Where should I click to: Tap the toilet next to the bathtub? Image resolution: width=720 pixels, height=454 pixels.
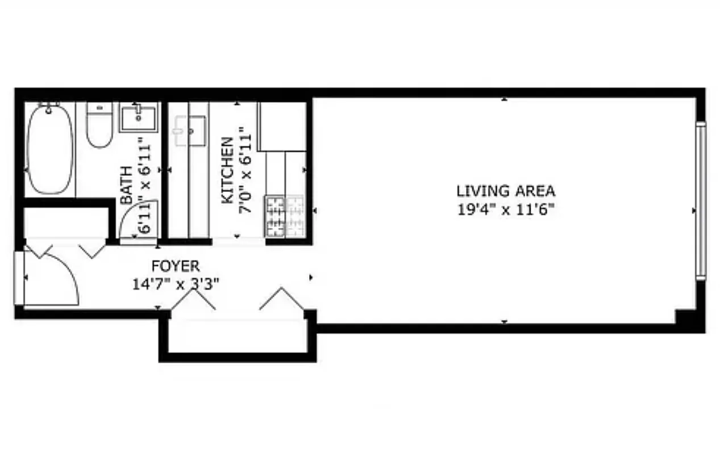click(x=99, y=125)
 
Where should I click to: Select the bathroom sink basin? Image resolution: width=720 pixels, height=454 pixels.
click(x=139, y=117)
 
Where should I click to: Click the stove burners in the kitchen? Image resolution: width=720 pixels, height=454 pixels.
click(x=275, y=216)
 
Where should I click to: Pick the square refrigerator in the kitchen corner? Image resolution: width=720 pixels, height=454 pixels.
click(x=282, y=126)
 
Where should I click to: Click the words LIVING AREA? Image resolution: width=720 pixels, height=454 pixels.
click(x=506, y=191)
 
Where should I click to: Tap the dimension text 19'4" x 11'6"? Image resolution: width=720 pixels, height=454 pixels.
click(x=506, y=209)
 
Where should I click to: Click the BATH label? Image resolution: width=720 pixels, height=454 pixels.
click(x=126, y=184)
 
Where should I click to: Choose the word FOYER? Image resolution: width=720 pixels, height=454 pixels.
click(x=175, y=266)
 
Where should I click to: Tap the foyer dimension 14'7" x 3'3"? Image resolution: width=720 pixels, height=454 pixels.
click(x=175, y=283)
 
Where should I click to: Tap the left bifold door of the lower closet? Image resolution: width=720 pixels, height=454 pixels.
click(x=193, y=300)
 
